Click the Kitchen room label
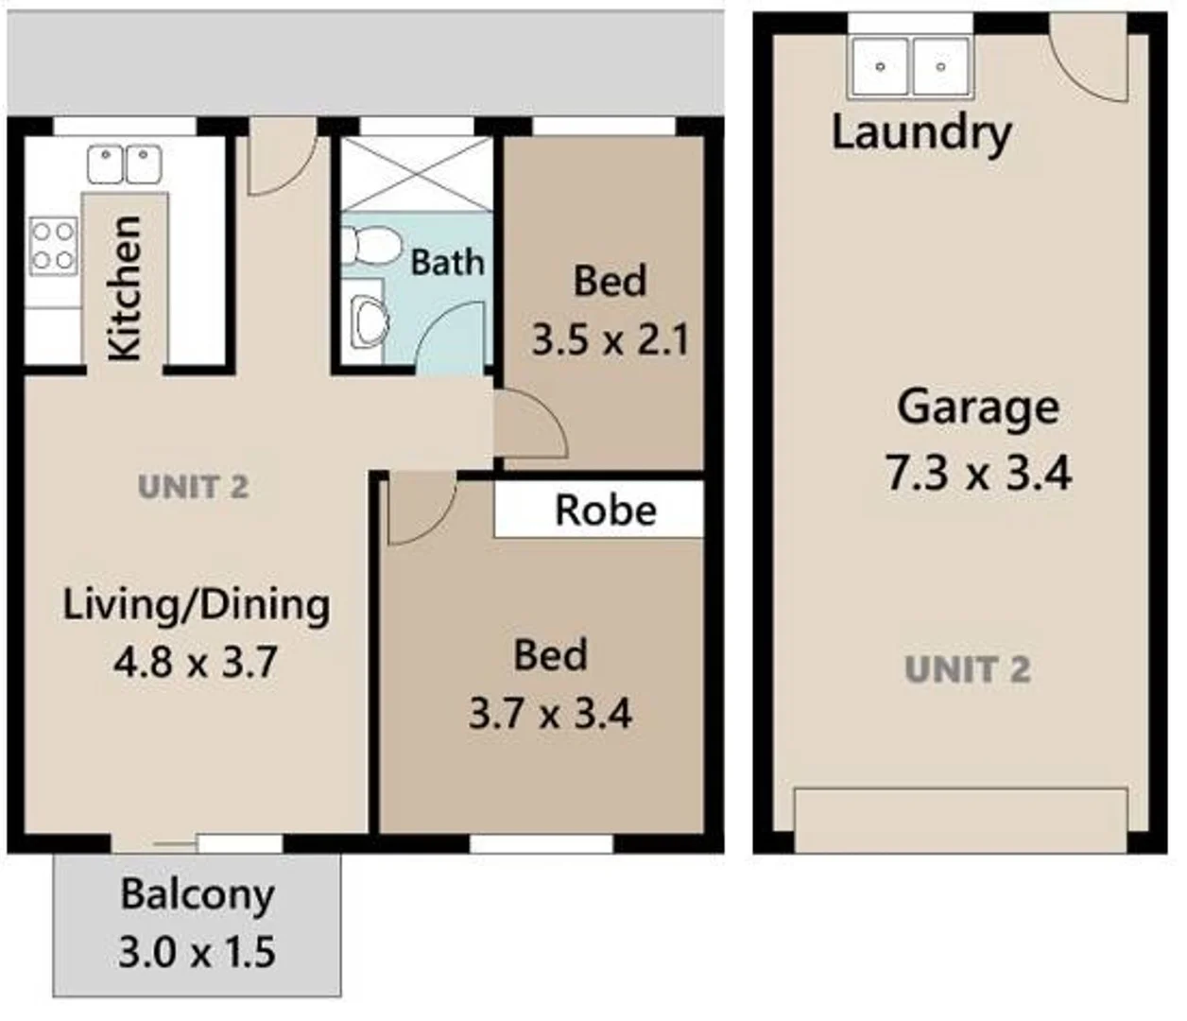point(125,288)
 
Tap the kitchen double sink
point(125,164)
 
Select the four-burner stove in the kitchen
point(53,246)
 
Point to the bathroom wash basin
point(368,321)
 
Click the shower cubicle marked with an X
point(416,175)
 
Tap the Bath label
point(447,262)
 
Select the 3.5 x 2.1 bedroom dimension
point(611,339)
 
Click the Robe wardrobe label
point(605,510)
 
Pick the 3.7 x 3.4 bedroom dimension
point(550,713)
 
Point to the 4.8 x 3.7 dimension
point(196,662)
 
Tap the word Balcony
point(198,893)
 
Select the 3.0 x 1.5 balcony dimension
point(198,951)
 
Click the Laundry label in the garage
point(921,132)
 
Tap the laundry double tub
point(911,66)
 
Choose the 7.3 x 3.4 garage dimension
point(978,472)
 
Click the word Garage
point(978,407)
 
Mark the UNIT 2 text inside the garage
point(967,670)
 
